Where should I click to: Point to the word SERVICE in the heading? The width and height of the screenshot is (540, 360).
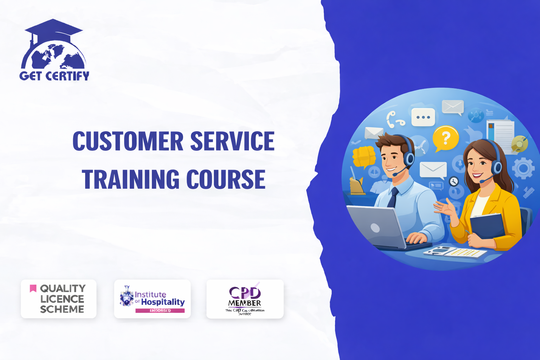click(x=232, y=141)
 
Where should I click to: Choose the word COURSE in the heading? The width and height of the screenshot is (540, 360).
click(x=226, y=179)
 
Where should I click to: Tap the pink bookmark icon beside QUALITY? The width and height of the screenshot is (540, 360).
click(x=33, y=289)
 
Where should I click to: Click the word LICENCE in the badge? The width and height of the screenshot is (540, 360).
click(x=62, y=299)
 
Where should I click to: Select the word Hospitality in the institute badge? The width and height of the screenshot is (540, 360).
click(x=163, y=302)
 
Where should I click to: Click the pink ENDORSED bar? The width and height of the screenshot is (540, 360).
click(x=160, y=310)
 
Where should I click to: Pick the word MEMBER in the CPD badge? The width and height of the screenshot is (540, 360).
click(x=244, y=303)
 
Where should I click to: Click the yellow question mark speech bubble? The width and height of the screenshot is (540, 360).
click(x=445, y=138)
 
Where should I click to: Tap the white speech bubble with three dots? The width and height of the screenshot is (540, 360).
click(x=423, y=117)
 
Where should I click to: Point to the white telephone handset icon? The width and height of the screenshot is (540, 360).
click(x=394, y=119)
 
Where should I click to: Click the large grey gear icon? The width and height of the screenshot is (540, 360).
click(x=523, y=168)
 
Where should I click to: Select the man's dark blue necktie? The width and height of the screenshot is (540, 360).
click(x=393, y=198)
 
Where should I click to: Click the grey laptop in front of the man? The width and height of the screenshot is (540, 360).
click(x=376, y=227)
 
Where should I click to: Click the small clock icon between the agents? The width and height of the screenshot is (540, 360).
click(x=454, y=181)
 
